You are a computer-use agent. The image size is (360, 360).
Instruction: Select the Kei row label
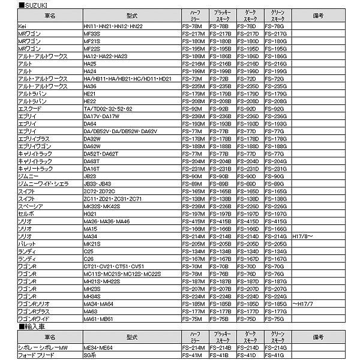[x=22, y=26]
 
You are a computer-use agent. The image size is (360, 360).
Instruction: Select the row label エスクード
[x=30, y=109]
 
